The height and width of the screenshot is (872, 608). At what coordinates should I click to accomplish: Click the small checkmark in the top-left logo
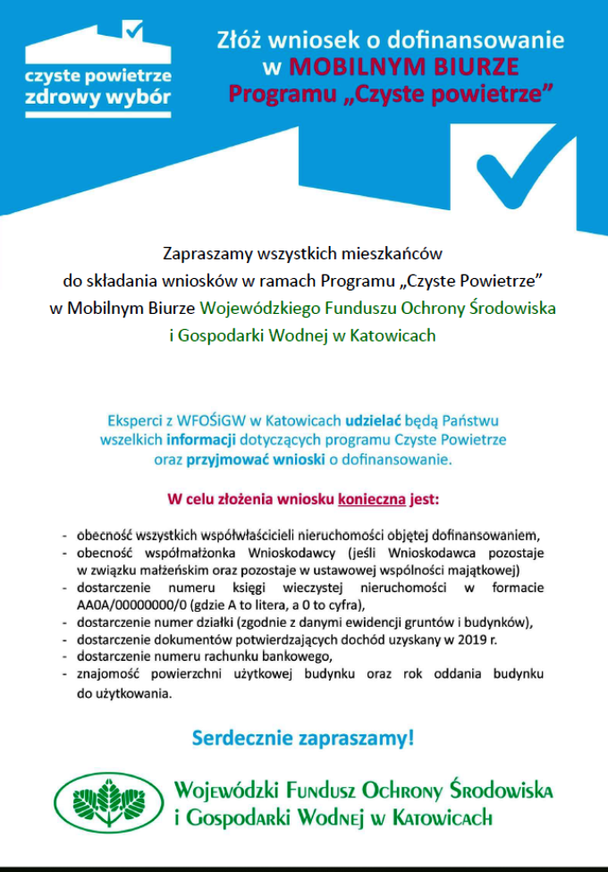click(134, 30)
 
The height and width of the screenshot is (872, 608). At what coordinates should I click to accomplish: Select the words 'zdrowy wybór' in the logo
click(98, 97)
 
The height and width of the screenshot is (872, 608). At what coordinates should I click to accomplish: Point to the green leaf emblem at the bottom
click(107, 802)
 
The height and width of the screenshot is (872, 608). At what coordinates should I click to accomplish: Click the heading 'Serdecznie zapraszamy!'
click(303, 740)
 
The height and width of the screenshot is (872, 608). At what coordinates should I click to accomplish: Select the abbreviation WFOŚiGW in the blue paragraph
click(205, 420)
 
